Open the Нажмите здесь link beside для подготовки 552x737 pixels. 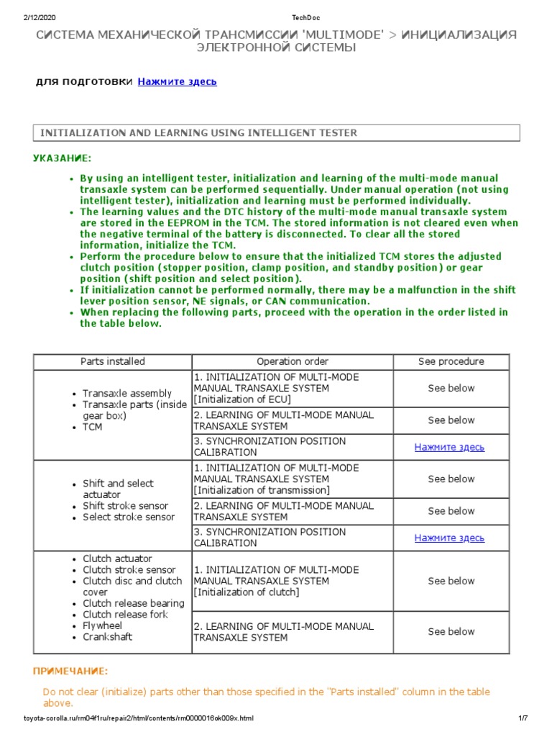pos(177,81)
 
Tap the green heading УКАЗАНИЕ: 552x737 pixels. pos(63,158)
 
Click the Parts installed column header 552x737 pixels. pos(113,361)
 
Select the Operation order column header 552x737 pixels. pos(293,361)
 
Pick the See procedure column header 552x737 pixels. pos(451,361)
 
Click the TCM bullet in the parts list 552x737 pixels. pos(93,427)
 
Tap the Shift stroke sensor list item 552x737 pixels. pos(127,506)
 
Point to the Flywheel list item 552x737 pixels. pos(103,625)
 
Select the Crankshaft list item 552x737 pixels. pos(107,637)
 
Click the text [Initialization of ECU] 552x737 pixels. pos(243,399)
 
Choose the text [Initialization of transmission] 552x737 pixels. pos(262,490)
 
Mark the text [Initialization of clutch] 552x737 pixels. pos(246,592)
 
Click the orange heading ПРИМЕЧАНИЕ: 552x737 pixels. pos(70,672)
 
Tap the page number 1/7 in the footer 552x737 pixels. pos(523,718)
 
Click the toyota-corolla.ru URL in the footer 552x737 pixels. pos(139,718)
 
